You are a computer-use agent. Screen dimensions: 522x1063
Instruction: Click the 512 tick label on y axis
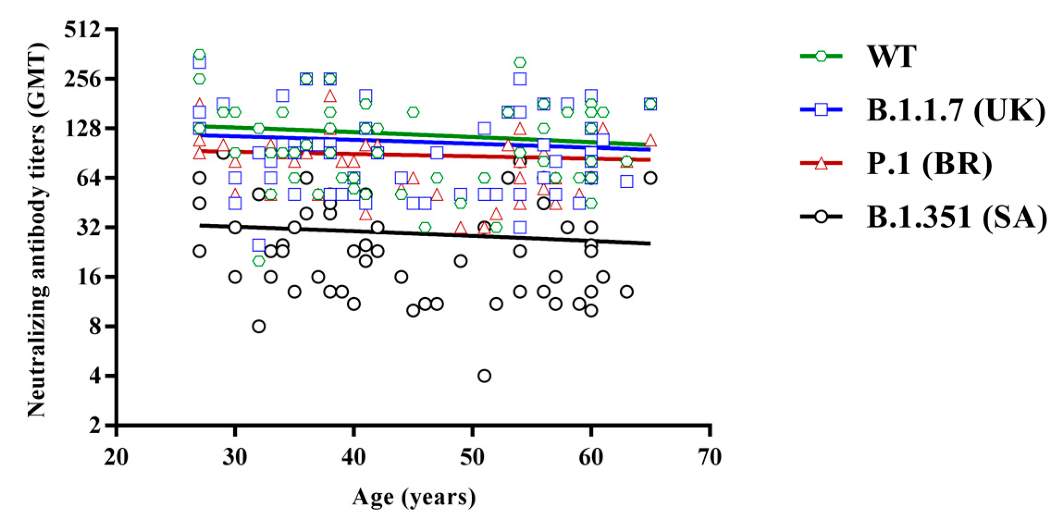pyautogui.click(x=82, y=30)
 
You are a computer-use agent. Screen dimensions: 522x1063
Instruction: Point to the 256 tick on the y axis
pyautogui.click(x=82, y=80)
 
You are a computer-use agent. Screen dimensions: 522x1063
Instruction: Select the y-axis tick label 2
pyautogui.click(x=95, y=425)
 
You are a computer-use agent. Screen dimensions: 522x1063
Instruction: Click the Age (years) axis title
pyautogui.click(x=414, y=497)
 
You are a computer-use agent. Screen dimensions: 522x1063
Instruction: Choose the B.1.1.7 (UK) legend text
pyautogui.click(x=956, y=111)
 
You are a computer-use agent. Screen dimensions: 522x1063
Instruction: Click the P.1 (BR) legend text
pyautogui.click(x=929, y=164)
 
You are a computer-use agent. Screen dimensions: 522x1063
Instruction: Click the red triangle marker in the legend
pyautogui.click(x=821, y=163)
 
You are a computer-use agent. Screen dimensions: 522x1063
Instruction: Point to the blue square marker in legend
pyautogui.click(x=821, y=110)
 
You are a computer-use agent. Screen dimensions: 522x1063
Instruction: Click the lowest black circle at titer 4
pyautogui.click(x=484, y=376)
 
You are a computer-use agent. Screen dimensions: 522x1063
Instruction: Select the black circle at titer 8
pyautogui.click(x=259, y=326)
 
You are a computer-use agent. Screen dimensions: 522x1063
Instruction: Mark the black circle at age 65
pyautogui.click(x=650, y=178)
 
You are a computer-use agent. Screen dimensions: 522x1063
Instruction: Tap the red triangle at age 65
pyautogui.click(x=650, y=140)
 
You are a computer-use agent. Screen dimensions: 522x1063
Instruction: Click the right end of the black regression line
pyautogui.click(x=649, y=243)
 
